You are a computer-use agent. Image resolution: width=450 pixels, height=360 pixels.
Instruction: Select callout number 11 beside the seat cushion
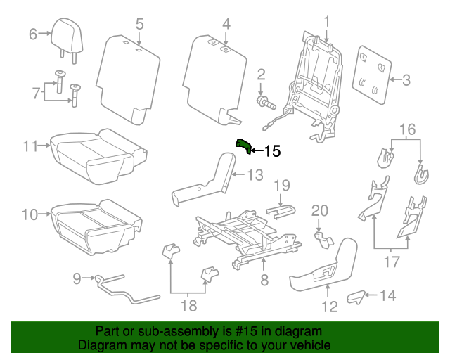30,146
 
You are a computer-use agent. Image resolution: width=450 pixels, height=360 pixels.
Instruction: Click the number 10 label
30,214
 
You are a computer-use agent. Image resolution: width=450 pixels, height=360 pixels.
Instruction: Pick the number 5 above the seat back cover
139,25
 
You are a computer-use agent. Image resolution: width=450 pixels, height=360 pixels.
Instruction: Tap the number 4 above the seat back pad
226,25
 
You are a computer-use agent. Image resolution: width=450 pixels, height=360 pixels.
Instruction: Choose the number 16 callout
408,129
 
